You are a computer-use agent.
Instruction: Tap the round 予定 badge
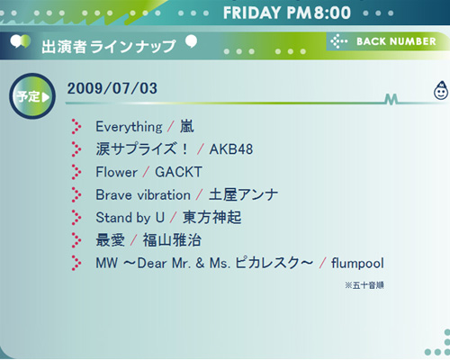coord(32,96)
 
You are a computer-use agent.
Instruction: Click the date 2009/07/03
coord(112,88)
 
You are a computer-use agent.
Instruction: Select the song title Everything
coord(129,127)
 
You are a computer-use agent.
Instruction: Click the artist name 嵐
coord(187,126)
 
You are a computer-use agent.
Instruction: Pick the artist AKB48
coord(231,149)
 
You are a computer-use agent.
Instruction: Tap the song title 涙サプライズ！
coord(142,149)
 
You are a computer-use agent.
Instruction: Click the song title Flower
coord(116,172)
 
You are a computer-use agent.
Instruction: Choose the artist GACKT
coord(178,172)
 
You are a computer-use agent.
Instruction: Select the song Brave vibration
coord(143,195)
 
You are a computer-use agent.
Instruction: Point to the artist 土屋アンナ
coord(243,194)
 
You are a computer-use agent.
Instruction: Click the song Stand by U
coord(130,218)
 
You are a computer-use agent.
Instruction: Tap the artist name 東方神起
coord(212,218)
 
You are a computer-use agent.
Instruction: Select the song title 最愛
coord(110,240)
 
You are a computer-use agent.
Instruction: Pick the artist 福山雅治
coord(172,240)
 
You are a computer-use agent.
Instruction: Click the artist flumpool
coord(357,263)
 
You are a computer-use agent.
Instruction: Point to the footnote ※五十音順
coord(364,285)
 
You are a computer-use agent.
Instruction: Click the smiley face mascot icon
coord(441,90)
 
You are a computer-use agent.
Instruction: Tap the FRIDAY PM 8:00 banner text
coord(287,13)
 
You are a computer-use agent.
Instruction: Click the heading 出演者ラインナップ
coord(109,47)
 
